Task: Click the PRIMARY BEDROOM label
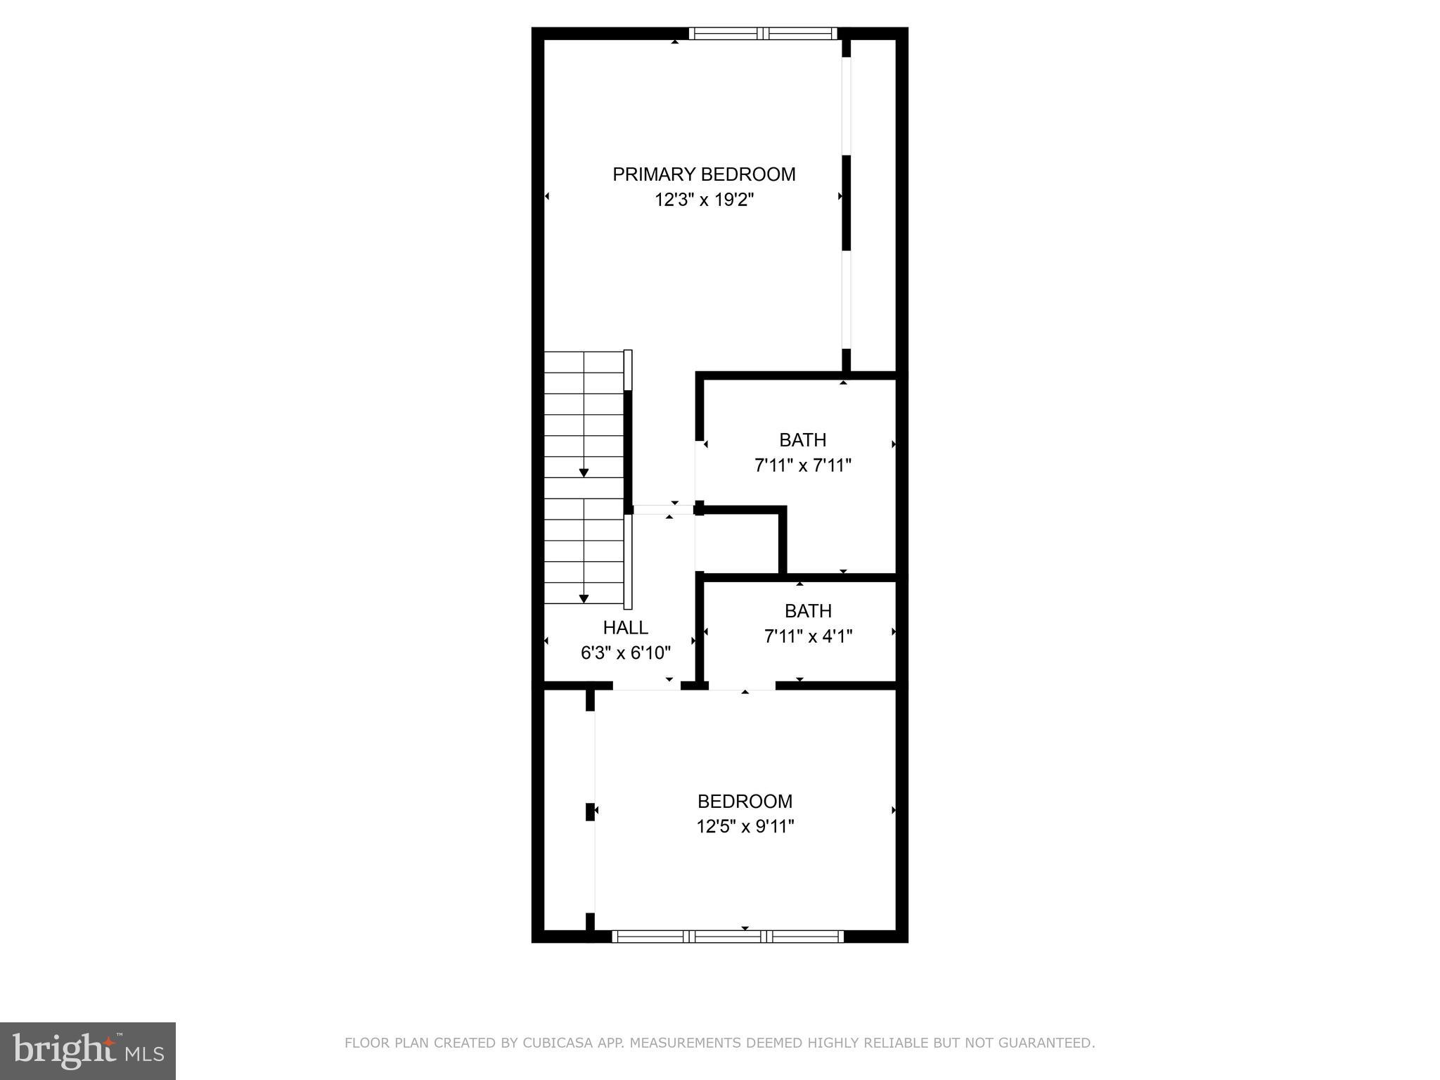pos(704,174)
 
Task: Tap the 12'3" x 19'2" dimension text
pos(704,200)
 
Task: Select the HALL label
pos(625,627)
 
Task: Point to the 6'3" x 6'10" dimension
pos(625,653)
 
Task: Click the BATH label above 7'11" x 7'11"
pos(802,440)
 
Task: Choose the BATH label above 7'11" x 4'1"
pos(808,611)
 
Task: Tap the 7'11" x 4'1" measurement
pos(808,636)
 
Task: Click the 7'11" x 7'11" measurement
pos(802,465)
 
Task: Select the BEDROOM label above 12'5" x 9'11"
pos(745,801)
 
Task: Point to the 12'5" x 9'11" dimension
pos(745,826)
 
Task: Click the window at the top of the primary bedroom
pos(763,33)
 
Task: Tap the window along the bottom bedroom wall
pos(727,936)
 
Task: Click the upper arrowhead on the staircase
pos(584,473)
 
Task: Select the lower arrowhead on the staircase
pos(584,599)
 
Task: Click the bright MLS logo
pos(88,1050)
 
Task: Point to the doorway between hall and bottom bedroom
pos(646,686)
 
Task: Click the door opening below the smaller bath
pos(742,686)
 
